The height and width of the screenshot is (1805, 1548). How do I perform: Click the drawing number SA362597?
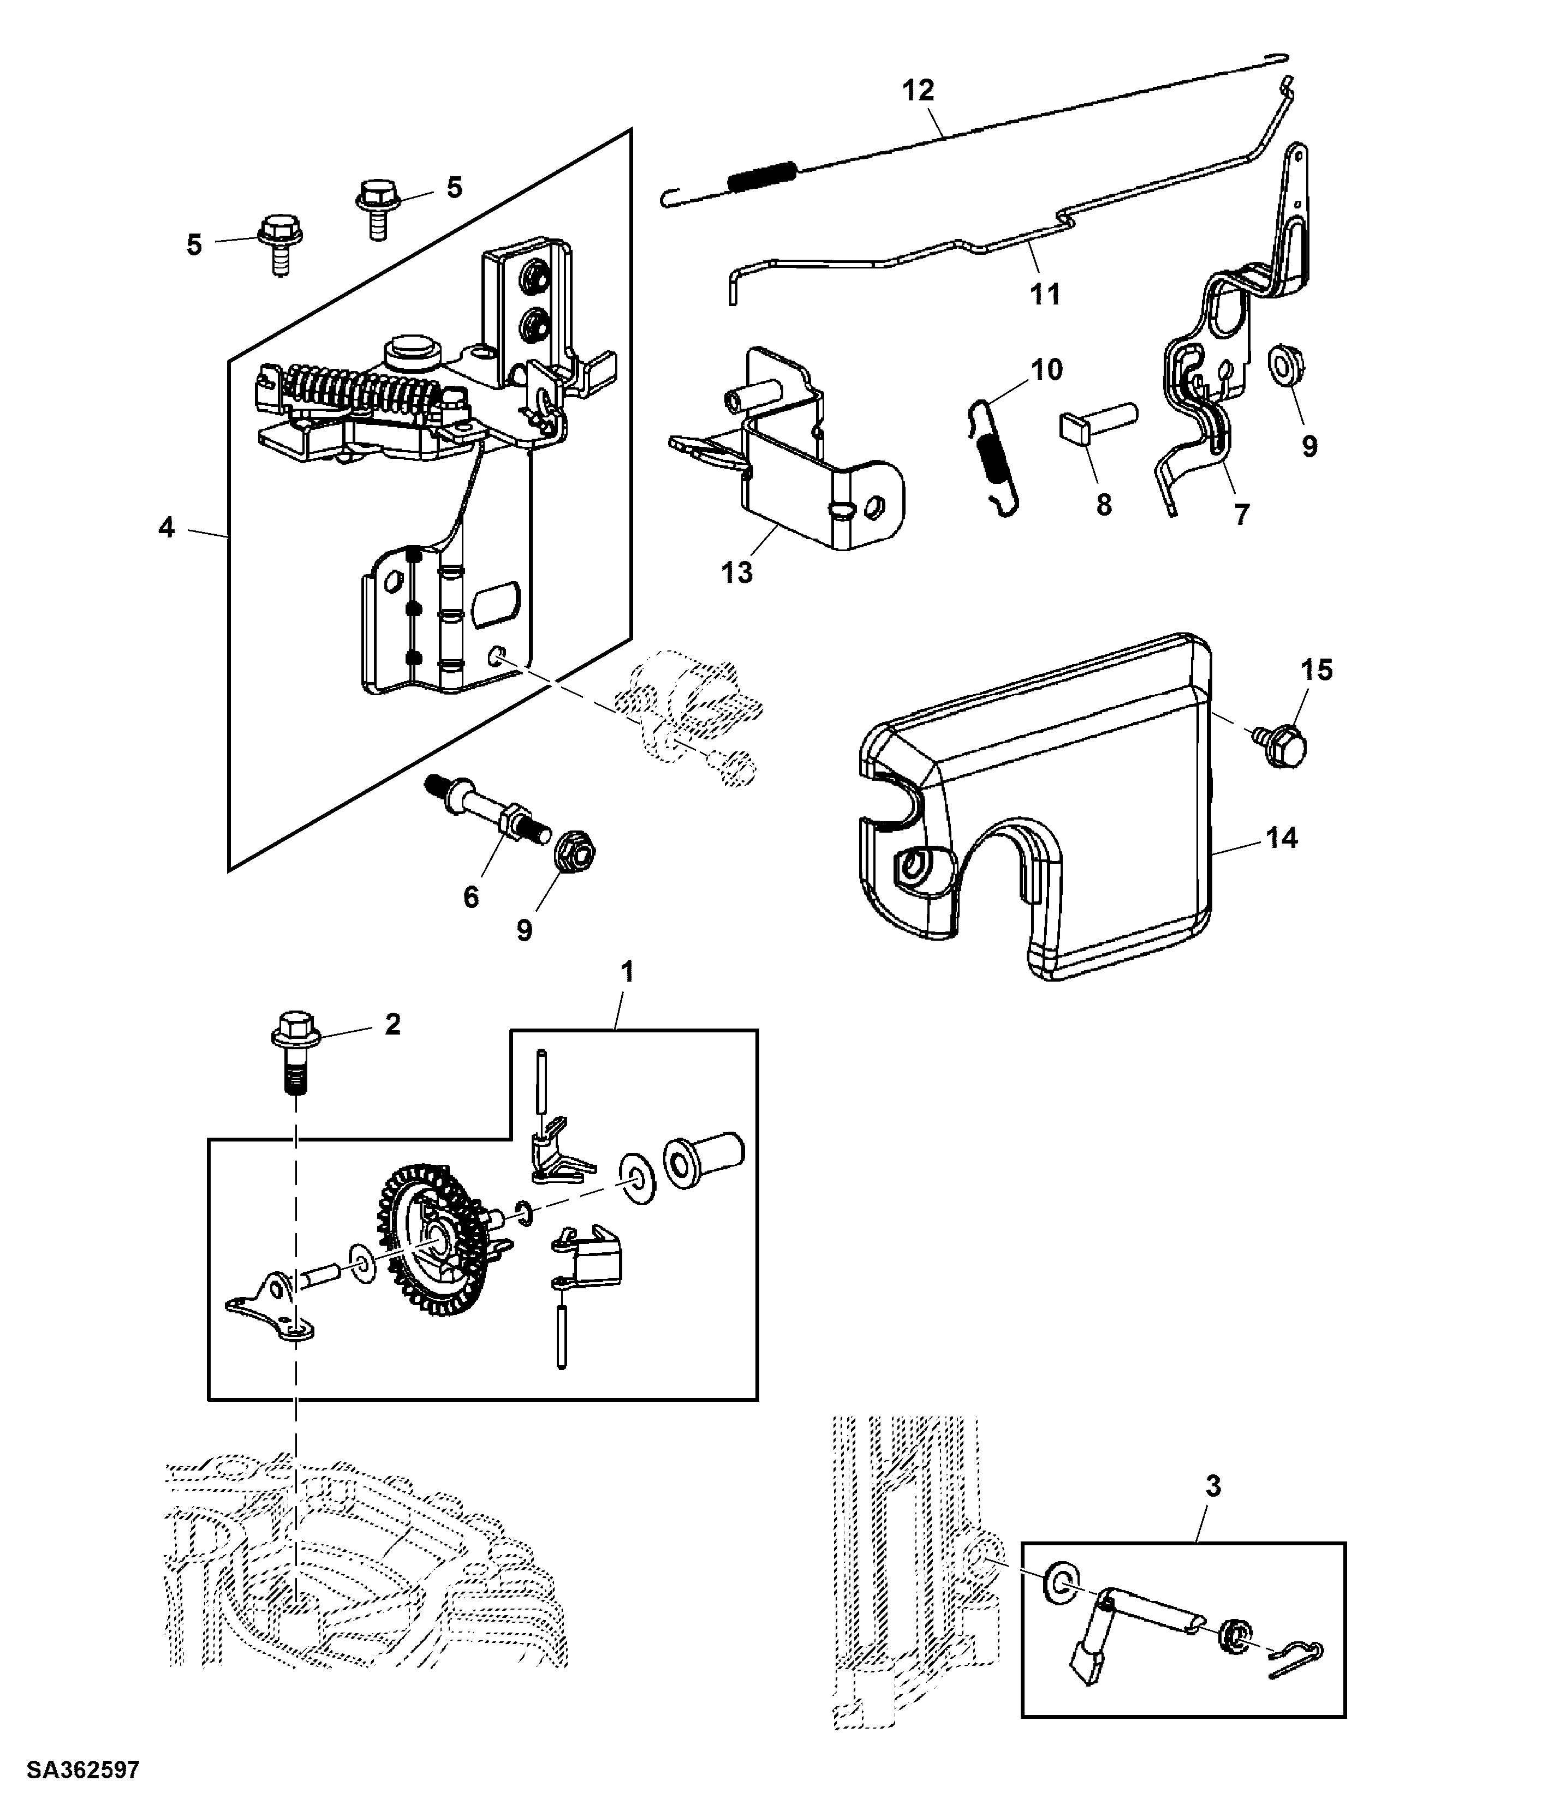(83, 1770)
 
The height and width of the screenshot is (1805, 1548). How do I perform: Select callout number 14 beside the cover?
(1281, 838)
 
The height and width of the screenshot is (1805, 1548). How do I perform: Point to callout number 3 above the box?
(1212, 1485)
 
